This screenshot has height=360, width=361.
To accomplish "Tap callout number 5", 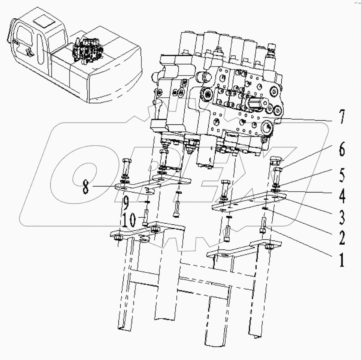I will [x=341, y=175].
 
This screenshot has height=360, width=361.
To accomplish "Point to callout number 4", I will [x=341, y=196].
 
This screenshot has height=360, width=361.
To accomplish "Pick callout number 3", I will [x=341, y=217].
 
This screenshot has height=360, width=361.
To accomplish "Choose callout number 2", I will [x=341, y=237].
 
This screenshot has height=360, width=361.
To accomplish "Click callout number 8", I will [x=86, y=187].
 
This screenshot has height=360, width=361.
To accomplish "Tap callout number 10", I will [x=128, y=220].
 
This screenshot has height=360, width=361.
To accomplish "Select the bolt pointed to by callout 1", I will [x=263, y=225].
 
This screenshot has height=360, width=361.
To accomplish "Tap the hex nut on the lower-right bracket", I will [x=269, y=247].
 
